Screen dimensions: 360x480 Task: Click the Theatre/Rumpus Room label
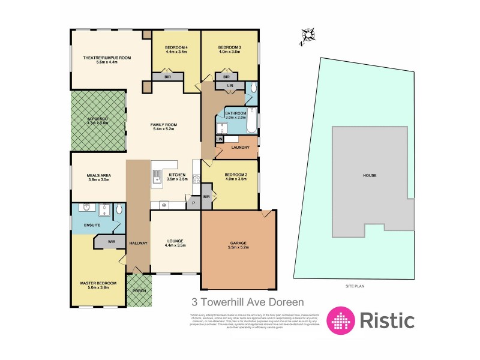pos(107,58)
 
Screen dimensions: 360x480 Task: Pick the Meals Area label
pos(99,175)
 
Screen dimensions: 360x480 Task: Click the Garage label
pos(239,244)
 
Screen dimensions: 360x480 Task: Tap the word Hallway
pos(138,242)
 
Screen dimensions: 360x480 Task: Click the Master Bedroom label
pos(98,283)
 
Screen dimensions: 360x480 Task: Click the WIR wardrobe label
pos(112,241)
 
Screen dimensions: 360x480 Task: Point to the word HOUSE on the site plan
pos(370,176)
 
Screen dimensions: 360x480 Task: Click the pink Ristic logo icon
pos(339,320)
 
